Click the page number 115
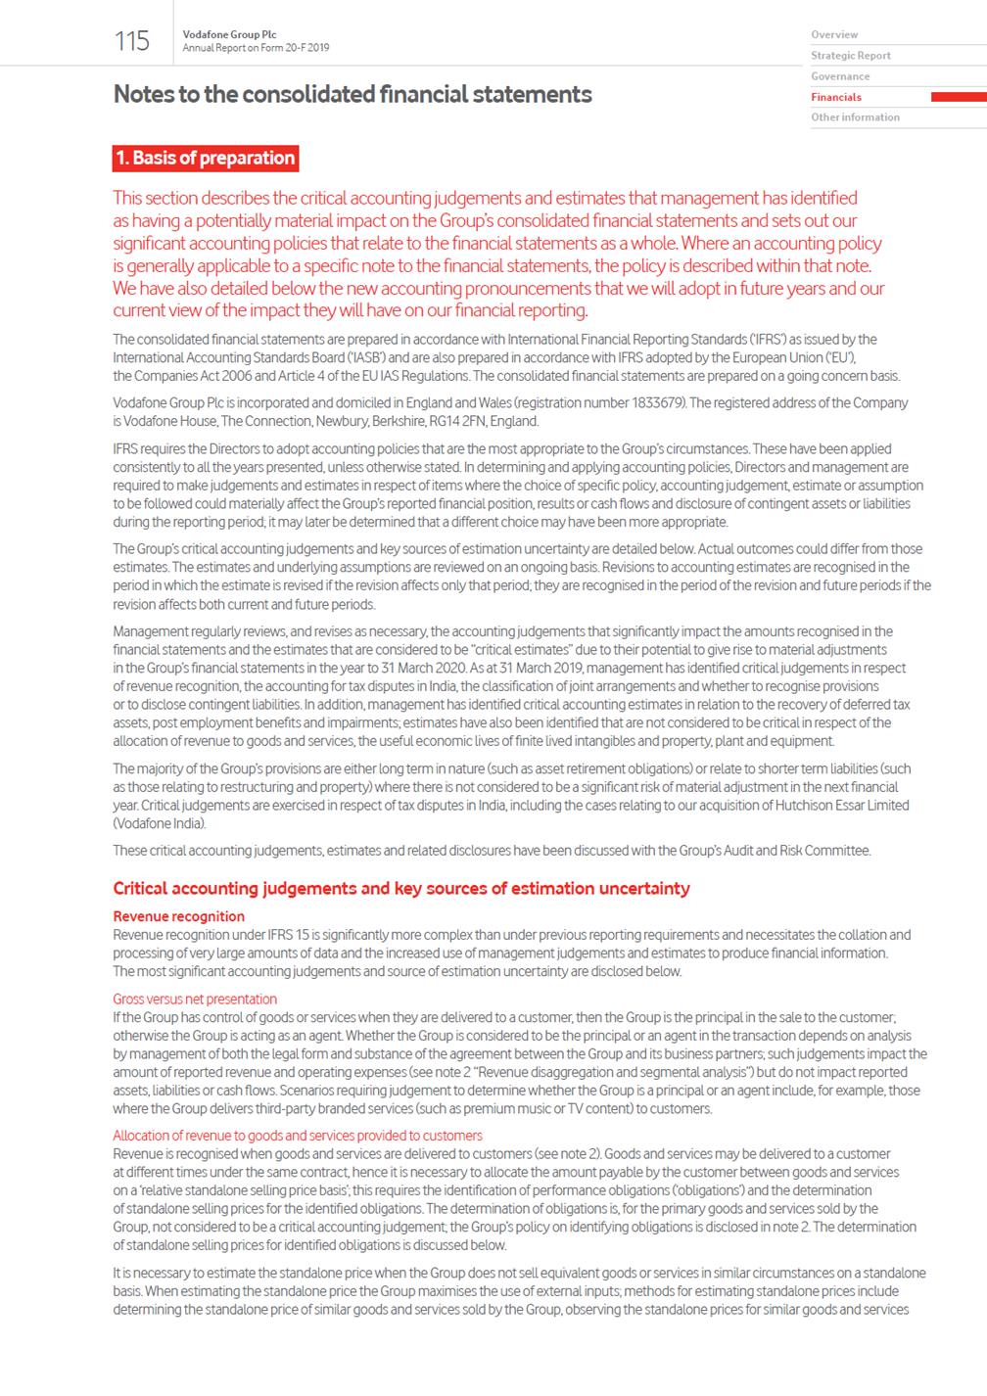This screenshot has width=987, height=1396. tap(132, 41)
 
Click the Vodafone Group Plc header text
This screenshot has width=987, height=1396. tap(229, 35)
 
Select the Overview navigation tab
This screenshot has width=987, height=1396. tap(834, 34)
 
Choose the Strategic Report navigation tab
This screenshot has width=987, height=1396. tap(850, 56)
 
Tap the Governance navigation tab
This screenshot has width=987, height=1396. tap(840, 76)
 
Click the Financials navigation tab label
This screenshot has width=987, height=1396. tap(836, 97)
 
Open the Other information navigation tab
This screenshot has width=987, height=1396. tap(855, 117)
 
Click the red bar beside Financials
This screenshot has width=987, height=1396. tap(958, 97)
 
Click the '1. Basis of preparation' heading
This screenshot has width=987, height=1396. tap(205, 159)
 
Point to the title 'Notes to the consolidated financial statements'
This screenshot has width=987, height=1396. tap(352, 95)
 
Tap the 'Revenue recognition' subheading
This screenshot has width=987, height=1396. tap(179, 916)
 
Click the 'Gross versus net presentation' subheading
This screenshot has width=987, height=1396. tap(195, 1000)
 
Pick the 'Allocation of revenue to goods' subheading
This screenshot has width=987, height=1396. tap(298, 1136)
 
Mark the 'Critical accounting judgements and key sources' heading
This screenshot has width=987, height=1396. tap(401, 889)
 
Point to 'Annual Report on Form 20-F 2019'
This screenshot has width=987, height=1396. tap(256, 48)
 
